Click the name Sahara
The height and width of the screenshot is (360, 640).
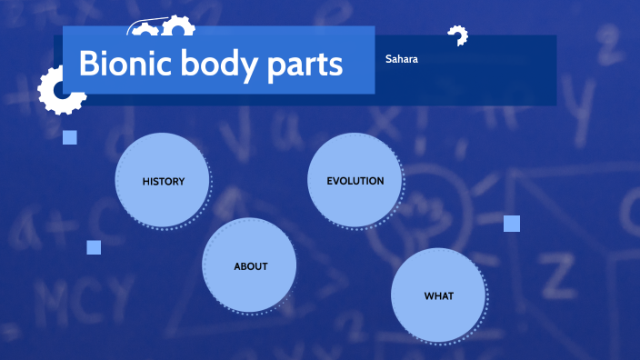[x=401, y=59]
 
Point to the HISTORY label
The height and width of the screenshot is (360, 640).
[x=164, y=181]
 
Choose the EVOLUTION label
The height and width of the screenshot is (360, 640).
[x=355, y=181]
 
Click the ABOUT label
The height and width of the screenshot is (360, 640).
[x=251, y=266]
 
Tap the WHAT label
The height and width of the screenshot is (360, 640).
[x=439, y=295]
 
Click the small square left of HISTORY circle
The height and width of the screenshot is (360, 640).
[x=70, y=137]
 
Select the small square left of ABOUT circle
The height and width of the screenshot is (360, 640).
[x=94, y=247]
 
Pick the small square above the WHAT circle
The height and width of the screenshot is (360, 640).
[x=512, y=224]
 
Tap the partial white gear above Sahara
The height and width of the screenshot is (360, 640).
[x=457, y=35]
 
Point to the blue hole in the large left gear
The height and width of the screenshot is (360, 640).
[x=61, y=91]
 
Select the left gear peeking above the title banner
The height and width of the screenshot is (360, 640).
[x=144, y=30]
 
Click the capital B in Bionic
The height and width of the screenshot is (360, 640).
[x=89, y=64]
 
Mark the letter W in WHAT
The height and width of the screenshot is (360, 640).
[x=429, y=295]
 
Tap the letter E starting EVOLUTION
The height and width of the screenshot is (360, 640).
[x=331, y=181]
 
